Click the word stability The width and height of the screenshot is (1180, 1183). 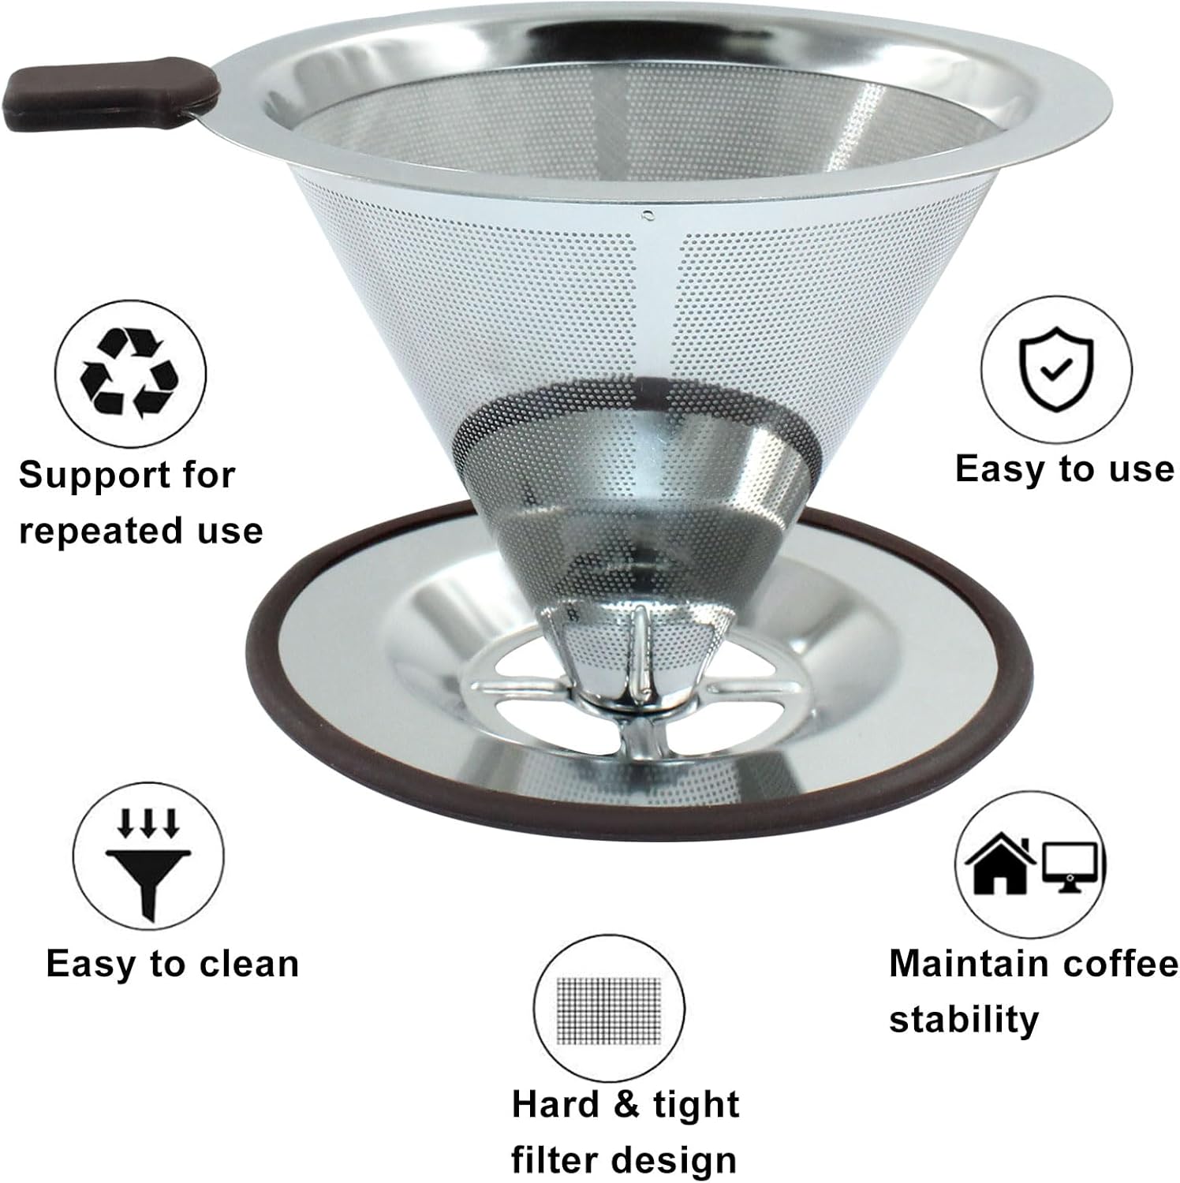click(x=963, y=1020)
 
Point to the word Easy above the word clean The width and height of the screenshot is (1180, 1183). click(x=92, y=965)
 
